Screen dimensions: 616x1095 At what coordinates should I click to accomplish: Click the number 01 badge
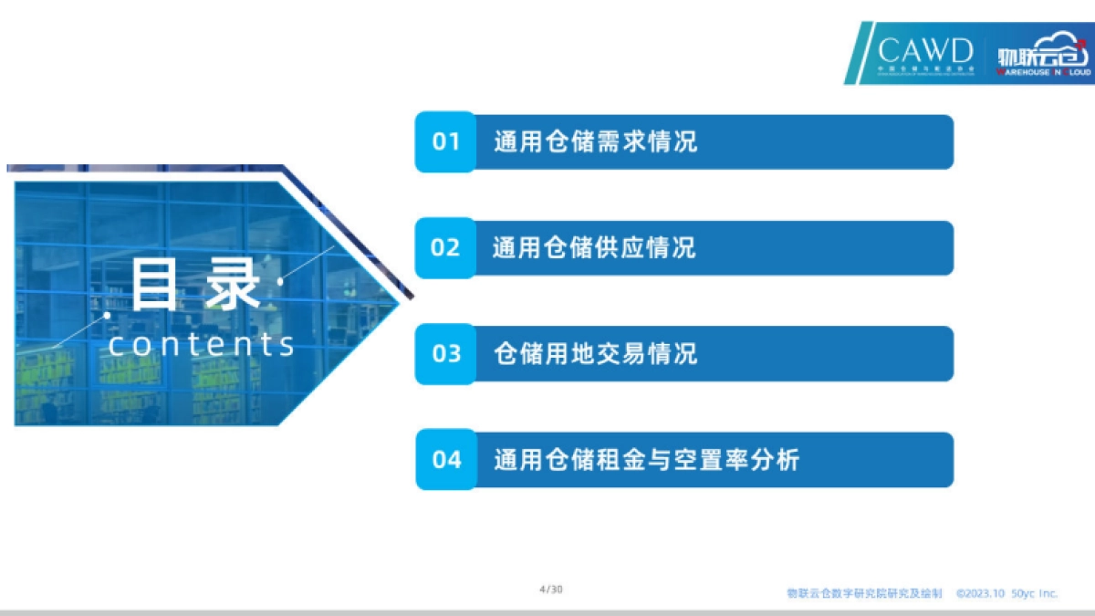(x=445, y=141)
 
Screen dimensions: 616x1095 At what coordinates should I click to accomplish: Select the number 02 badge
(x=445, y=247)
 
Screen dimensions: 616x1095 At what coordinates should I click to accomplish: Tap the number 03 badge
(x=445, y=353)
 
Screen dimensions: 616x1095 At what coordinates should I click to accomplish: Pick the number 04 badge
(x=445, y=459)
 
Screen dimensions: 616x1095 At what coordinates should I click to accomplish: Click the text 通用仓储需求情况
(x=595, y=141)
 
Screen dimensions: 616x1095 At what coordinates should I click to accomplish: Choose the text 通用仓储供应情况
(x=595, y=247)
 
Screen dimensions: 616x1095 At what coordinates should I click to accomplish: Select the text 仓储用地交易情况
(x=595, y=353)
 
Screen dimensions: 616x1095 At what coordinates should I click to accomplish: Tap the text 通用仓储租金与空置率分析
(x=647, y=459)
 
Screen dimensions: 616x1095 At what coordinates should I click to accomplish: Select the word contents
(x=202, y=344)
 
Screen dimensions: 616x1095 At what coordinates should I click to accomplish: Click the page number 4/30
(x=551, y=590)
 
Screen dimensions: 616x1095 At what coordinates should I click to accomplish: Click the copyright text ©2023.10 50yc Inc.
(x=1007, y=593)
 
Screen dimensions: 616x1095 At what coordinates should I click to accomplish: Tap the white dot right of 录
(x=279, y=281)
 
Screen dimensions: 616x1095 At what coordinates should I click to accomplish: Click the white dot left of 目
(x=107, y=315)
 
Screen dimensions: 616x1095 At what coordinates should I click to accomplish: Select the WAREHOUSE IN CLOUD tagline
(x=1043, y=70)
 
